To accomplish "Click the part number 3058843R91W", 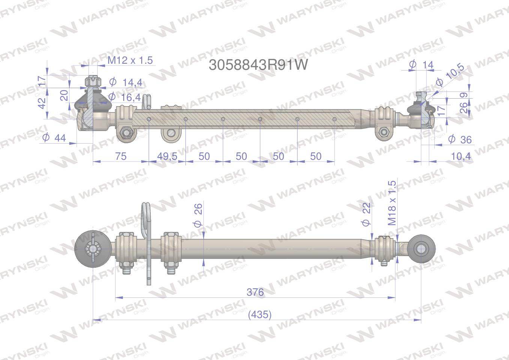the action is point(258,65).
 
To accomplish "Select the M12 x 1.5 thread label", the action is point(130,60).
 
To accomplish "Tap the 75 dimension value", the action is point(121,156).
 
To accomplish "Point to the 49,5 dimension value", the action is point(167,156).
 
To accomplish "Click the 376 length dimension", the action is point(255,292).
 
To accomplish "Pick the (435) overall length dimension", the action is point(260,315).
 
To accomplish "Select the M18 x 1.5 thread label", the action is point(392,203).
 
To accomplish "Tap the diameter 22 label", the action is point(366,214).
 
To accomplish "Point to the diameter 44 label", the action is point(54,138).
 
